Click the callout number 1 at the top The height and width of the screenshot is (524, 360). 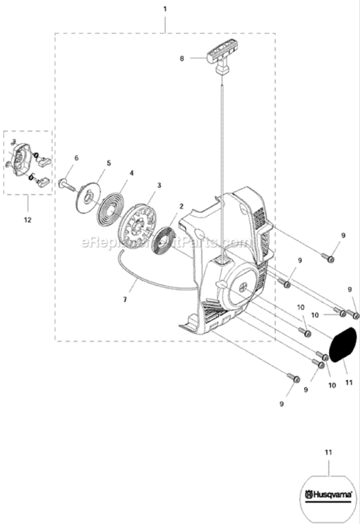pyautogui.click(x=165, y=9)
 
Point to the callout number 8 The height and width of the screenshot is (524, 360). pyautogui.click(x=182, y=59)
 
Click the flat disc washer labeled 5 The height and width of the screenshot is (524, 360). pyautogui.click(x=89, y=194)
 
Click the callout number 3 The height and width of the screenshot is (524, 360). pyautogui.click(x=159, y=185)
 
